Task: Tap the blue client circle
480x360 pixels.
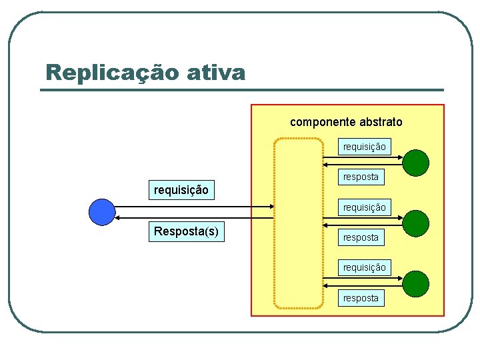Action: [x=102, y=211]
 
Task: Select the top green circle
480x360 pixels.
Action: [x=416, y=162]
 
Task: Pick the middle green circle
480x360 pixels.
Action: [x=416, y=223]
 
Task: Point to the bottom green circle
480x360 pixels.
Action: [x=416, y=283]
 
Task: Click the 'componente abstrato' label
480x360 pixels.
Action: [x=346, y=122]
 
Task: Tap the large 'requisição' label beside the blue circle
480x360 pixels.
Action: [x=181, y=190]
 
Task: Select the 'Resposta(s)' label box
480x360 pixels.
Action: [x=187, y=231]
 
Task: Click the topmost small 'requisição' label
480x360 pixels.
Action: [x=364, y=147]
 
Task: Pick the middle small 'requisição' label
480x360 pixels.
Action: [x=364, y=207]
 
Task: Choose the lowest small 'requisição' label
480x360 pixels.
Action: [x=364, y=267]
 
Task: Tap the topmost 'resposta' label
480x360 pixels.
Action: [x=361, y=177]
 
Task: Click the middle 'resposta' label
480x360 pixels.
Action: [x=361, y=237]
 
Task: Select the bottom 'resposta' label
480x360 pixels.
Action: [x=361, y=298]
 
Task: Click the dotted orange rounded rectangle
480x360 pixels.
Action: [x=299, y=223]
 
